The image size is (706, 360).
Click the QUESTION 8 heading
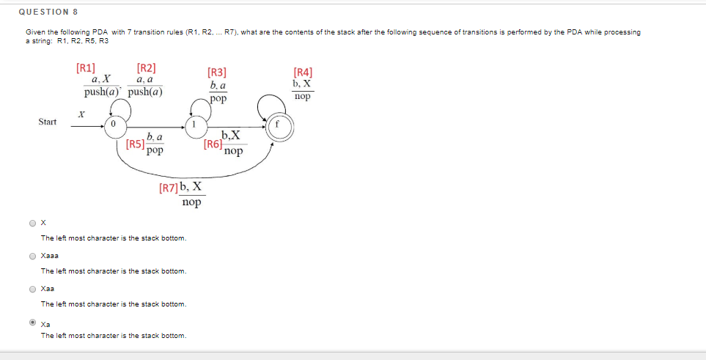pos(48,12)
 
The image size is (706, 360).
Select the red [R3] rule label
pos(217,72)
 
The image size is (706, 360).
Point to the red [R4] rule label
pos(302,72)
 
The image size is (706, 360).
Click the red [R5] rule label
pos(134,144)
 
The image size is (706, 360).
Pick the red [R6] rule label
pos(213,144)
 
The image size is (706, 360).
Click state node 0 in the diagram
pos(114,126)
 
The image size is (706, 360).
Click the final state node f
pos(279,126)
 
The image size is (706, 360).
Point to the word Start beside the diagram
pos(48,122)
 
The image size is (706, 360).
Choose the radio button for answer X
pos(32,223)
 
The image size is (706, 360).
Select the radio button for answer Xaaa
pos(32,256)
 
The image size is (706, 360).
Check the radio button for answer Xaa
pos(32,289)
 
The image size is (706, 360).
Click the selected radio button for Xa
pos(32,322)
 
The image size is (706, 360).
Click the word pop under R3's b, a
pos(218,98)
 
